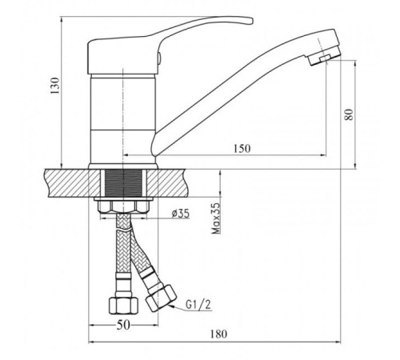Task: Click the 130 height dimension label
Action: pos(54,86)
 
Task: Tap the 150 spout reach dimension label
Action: pos(242,148)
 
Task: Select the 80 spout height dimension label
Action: pos(349,114)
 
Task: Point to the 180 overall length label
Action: pos(218,334)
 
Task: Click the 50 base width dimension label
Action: pos(123,325)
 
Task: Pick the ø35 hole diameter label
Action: pos(180,214)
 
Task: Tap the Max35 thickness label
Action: pos(216,218)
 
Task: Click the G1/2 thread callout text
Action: pos(198,305)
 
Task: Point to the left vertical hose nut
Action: pos(124,305)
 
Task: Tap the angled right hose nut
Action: pos(161,298)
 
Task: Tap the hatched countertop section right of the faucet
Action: pos(168,183)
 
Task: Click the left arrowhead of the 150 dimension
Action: pos(126,154)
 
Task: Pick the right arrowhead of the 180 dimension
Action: pos(338,342)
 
